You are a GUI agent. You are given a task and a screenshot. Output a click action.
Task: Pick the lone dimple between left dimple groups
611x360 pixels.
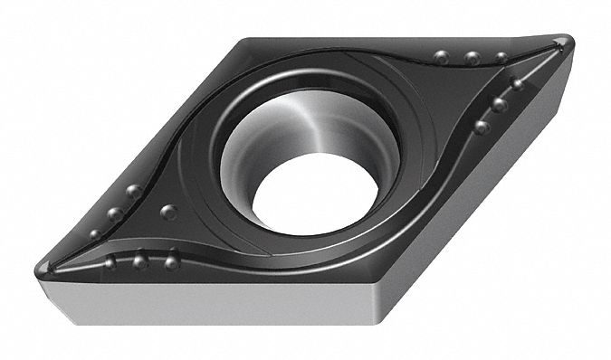click(x=167, y=212)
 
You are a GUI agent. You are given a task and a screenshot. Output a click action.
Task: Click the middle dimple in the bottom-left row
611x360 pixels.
click(x=139, y=262)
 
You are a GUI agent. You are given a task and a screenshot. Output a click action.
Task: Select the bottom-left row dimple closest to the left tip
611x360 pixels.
click(x=110, y=263)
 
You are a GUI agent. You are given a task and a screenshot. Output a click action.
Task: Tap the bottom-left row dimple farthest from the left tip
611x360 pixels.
click(x=171, y=262)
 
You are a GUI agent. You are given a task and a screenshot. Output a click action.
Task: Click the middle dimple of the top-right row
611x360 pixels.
click(x=472, y=58)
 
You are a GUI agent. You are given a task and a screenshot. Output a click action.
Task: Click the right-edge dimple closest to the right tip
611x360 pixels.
click(x=517, y=84)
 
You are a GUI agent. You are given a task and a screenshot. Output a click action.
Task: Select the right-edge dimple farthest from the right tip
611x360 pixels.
click(x=482, y=128)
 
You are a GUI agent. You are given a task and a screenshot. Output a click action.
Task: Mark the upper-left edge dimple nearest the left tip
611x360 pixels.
click(x=95, y=234)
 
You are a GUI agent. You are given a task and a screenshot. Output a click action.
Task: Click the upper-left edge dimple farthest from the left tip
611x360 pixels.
click(x=133, y=191)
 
